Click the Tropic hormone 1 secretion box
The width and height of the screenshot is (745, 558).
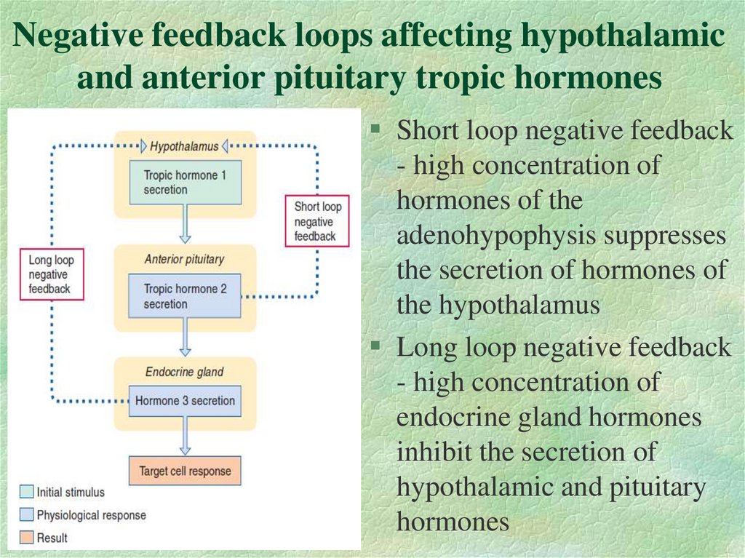pyautogui.click(x=185, y=183)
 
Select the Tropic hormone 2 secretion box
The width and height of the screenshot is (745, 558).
pyautogui.click(x=185, y=296)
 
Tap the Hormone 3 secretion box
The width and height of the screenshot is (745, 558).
pyautogui.click(x=185, y=401)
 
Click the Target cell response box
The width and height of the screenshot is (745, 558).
pyautogui.click(x=185, y=471)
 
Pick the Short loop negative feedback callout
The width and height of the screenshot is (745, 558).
pyautogui.click(x=316, y=221)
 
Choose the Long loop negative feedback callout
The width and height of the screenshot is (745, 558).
pyautogui.click(x=52, y=274)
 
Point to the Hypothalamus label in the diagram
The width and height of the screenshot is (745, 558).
pyautogui.click(x=184, y=146)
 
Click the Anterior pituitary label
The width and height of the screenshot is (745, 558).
pyautogui.click(x=184, y=259)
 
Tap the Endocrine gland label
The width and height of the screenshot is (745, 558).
pyautogui.click(x=184, y=372)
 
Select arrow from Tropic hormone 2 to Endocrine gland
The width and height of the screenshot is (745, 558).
pyautogui.click(x=185, y=336)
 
